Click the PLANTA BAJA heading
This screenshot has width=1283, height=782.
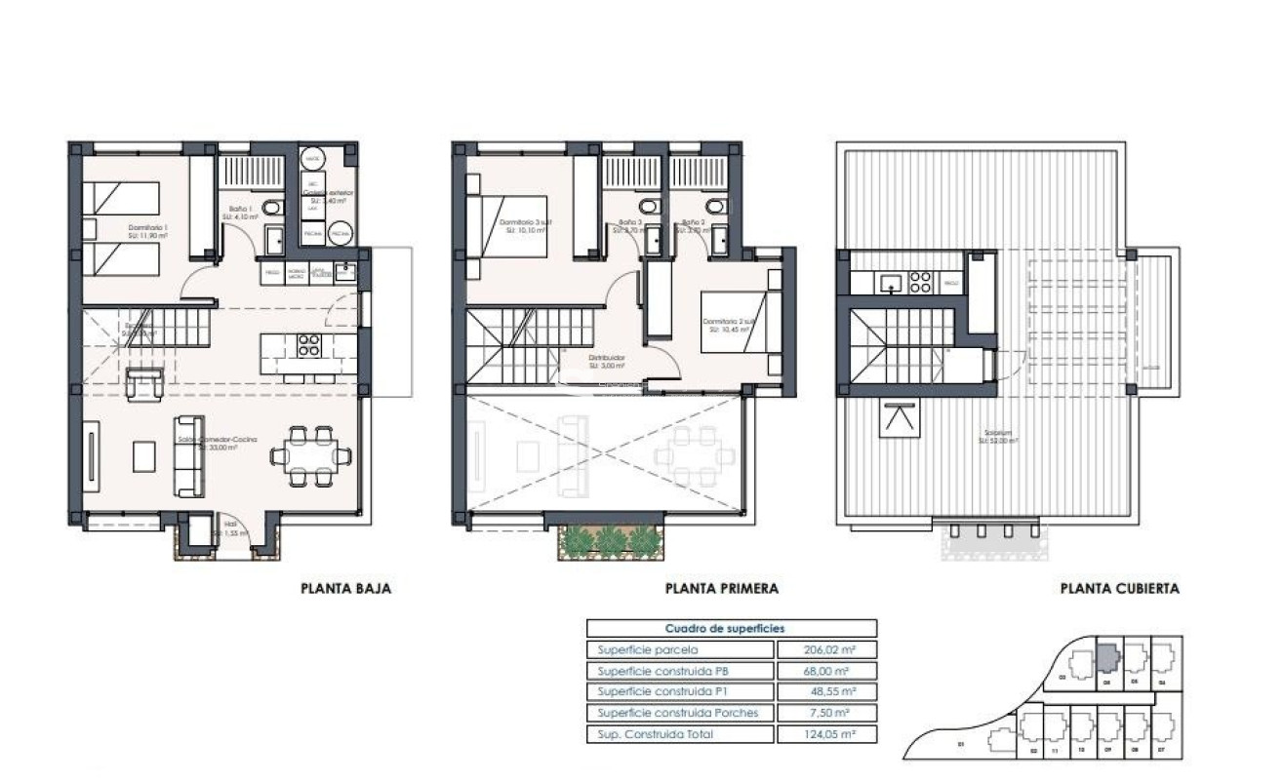pos(345,589)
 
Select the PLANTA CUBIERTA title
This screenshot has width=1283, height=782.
pos(1119,589)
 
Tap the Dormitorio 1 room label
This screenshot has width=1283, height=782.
pos(147,231)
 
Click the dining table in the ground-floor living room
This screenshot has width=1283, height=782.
pos(311,454)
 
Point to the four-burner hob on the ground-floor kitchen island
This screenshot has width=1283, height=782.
pos(308,344)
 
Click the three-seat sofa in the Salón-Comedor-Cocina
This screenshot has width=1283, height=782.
pos(188,454)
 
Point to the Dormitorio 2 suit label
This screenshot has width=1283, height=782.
pos(728,325)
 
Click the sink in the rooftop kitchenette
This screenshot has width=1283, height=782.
pos(889,283)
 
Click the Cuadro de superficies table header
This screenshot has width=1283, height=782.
pos(731,629)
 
